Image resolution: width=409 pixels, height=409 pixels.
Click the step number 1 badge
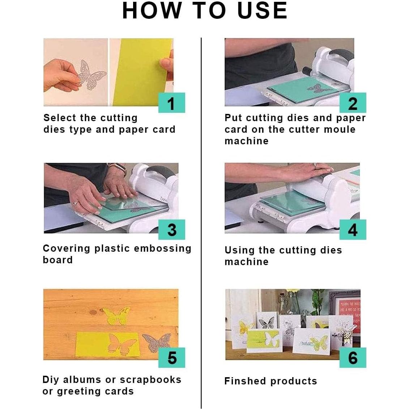point(172,103)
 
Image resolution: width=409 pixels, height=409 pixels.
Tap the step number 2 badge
point(353,103)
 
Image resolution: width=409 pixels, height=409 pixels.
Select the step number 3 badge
point(172,230)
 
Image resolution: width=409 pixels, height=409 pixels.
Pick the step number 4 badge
point(353,230)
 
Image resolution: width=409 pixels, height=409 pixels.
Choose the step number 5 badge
point(172,358)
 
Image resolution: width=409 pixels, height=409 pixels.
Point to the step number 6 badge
point(353,358)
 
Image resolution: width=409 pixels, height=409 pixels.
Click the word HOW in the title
point(152,10)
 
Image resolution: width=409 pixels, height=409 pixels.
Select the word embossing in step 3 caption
point(163,248)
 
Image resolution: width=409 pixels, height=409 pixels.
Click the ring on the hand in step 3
point(75,203)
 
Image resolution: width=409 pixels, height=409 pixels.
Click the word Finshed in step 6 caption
point(246,381)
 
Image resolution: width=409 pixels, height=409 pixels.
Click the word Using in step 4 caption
point(239,251)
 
